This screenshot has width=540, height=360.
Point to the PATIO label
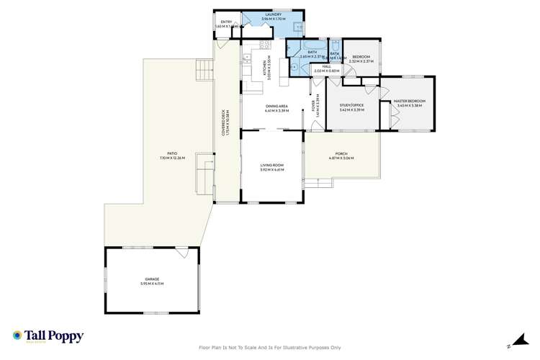click(173, 153)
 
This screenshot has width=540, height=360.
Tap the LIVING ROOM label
click(272, 166)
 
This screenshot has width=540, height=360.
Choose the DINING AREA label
click(276, 107)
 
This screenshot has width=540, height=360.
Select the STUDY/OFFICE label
click(351, 105)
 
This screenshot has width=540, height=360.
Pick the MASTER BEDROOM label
click(410, 101)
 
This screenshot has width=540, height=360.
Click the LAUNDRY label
click(274, 14)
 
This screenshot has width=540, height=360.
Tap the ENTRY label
click(227, 22)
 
